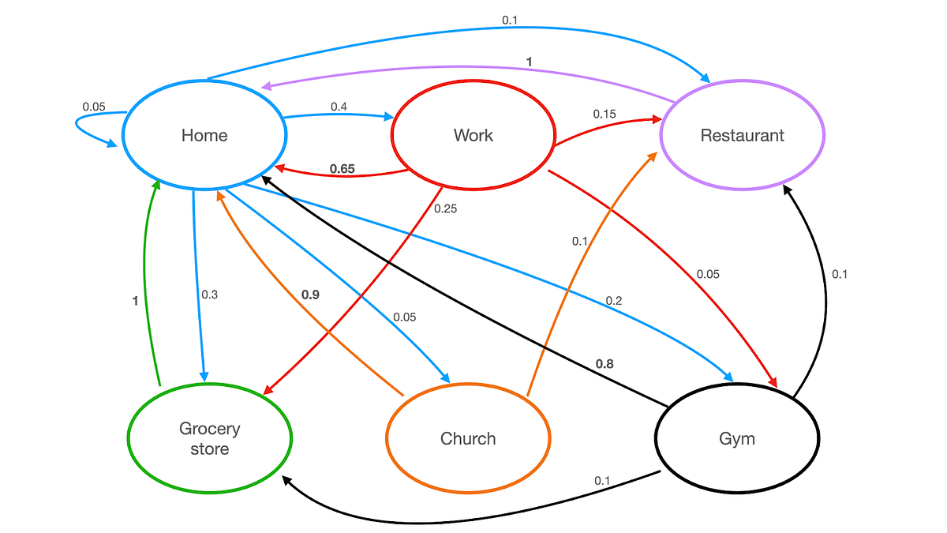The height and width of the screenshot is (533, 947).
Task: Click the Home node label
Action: click(x=204, y=135)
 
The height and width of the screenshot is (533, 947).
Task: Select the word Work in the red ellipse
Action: click(x=473, y=135)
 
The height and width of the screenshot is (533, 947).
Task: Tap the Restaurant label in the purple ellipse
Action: click(x=742, y=135)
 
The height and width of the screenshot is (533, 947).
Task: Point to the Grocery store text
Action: click(x=209, y=439)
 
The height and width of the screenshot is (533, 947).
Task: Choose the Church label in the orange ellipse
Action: click(x=467, y=438)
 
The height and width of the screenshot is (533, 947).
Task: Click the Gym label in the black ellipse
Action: click(x=737, y=438)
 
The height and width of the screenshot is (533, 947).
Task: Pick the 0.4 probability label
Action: click(x=339, y=106)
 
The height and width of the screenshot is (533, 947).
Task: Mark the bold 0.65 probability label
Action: click(x=342, y=168)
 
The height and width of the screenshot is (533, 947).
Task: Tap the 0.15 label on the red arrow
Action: click(x=605, y=114)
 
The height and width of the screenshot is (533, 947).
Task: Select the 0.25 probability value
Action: click(x=445, y=209)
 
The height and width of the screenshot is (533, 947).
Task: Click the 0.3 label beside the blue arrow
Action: click(x=209, y=295)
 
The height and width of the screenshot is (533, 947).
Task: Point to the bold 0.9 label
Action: click(x=310, y=295)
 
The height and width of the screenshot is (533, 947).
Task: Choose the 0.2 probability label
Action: click(x=614, y=301)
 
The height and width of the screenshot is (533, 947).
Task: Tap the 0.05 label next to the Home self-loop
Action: click(x=94, y=107)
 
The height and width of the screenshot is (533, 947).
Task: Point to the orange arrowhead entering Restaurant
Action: click(x=653, y=156)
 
